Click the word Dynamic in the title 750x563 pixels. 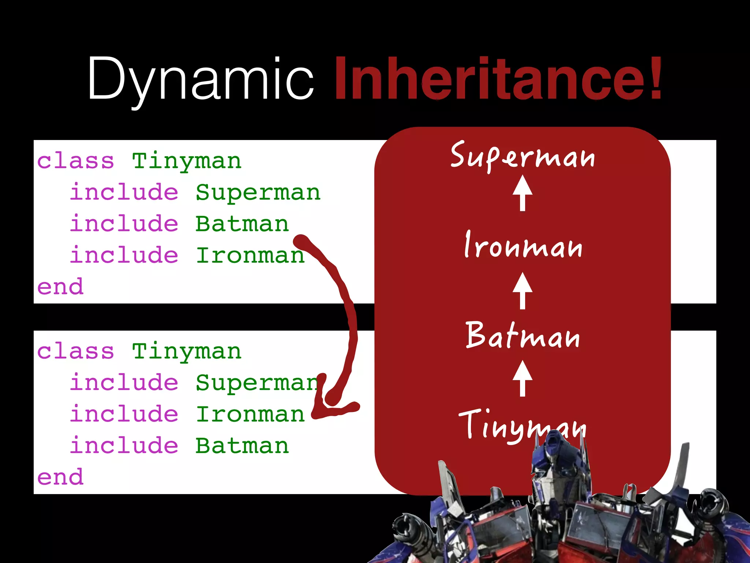[200, 79]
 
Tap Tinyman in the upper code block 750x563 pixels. [187, 161]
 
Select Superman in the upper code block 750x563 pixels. [258, 193]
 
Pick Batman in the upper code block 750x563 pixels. [242, 224]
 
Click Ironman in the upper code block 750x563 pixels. [250, 255]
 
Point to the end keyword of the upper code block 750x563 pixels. [60, 287]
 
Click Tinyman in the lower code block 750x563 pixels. [187, 352]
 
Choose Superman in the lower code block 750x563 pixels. [256, 383]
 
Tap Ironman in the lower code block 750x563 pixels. [250, 415]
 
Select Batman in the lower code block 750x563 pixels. [242, 446]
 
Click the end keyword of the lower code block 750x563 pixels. [60, 477]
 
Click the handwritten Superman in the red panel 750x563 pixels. [523, 156]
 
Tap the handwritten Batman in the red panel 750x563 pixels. [523, 335]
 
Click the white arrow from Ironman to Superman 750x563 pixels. [523, 193]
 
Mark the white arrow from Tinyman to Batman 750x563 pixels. [523, 379]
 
